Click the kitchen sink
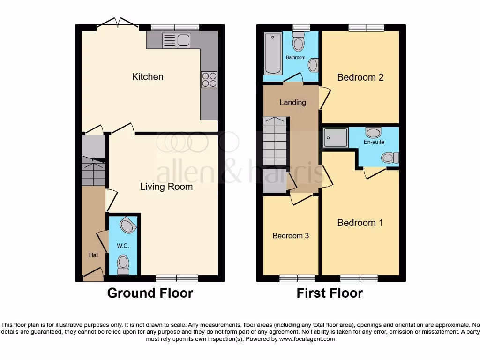click(x=176, y=40)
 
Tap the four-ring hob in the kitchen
click(x=209, y=79)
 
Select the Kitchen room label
click(x=148, y=76)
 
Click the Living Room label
click(x=166, y=187)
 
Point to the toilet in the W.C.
click(x=123, y=264)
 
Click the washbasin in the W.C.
click(x=127, y=226)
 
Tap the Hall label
click(x=94, y=255)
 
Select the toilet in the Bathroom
click(x=298, y=44)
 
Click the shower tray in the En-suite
click(x=335, y=137)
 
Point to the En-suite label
click(x=374, y=142)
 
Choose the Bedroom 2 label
click(x=360, y=77)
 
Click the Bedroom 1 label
click(x=360, y=223)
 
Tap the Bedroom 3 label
click(x=291, y=236)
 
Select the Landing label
click(x=292, y=102)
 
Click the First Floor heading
click(x=330, y=293)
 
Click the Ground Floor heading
click(x=150, y=293)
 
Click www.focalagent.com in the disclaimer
click(x=308, y=339)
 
